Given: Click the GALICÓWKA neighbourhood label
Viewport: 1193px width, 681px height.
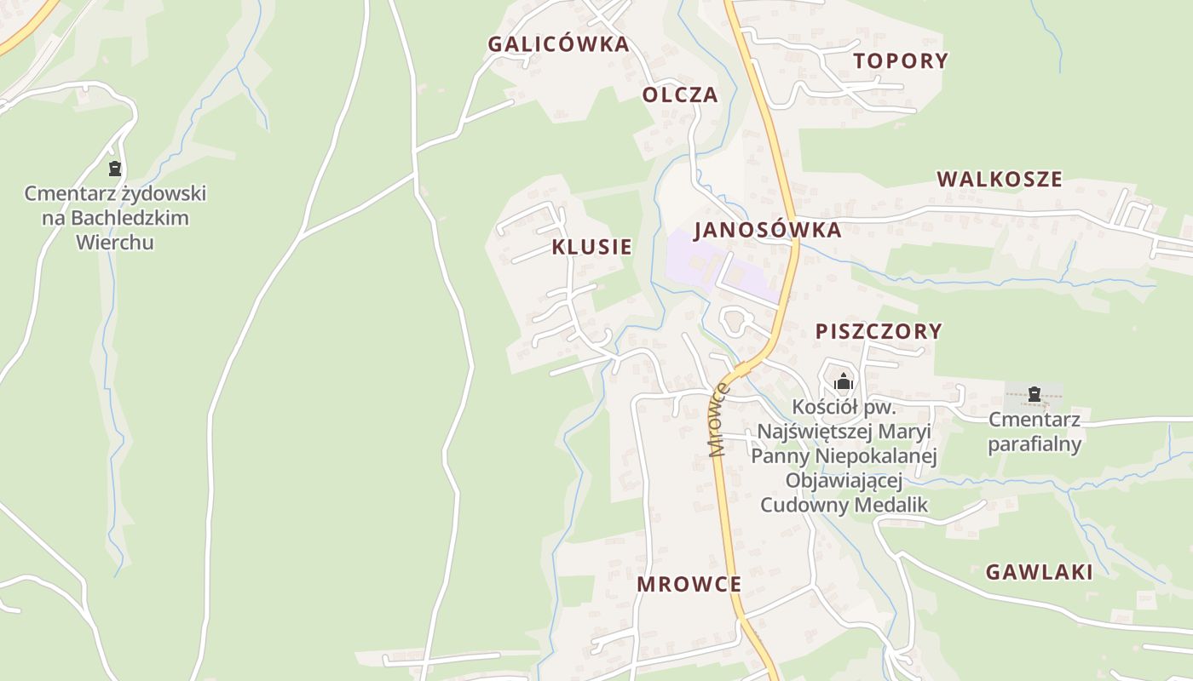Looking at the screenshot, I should tap(558, 44).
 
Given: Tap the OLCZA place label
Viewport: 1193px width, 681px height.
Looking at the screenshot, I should tap(680, 94).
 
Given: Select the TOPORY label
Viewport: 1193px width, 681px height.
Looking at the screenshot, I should tap(901, 60).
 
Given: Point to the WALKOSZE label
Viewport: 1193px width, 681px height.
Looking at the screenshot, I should tap(1000, 180).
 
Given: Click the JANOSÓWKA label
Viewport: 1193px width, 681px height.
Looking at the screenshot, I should tap(767, 230).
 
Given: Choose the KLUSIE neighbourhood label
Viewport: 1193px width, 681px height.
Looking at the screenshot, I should tap(591, 247).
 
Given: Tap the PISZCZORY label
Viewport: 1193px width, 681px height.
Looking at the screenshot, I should tap(879, 331).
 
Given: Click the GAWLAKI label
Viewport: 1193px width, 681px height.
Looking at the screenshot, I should tap(1039, 572).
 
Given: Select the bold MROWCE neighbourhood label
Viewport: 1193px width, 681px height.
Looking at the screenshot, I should tap(689, 584).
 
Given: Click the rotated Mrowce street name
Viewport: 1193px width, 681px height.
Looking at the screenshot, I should tap(719, 420).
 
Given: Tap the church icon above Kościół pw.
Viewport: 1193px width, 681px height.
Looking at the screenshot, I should tap(844, 381).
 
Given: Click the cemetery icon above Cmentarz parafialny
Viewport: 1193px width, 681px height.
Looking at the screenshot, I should tap(1034, 394).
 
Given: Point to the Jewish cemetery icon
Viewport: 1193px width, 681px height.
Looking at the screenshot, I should tap(115, 169).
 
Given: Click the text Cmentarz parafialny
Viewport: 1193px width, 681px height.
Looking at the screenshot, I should tap(1035, 432).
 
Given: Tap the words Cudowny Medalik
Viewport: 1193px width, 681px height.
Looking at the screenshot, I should tap(844, 505).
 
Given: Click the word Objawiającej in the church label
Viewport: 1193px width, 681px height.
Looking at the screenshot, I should tap(844, 480).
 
